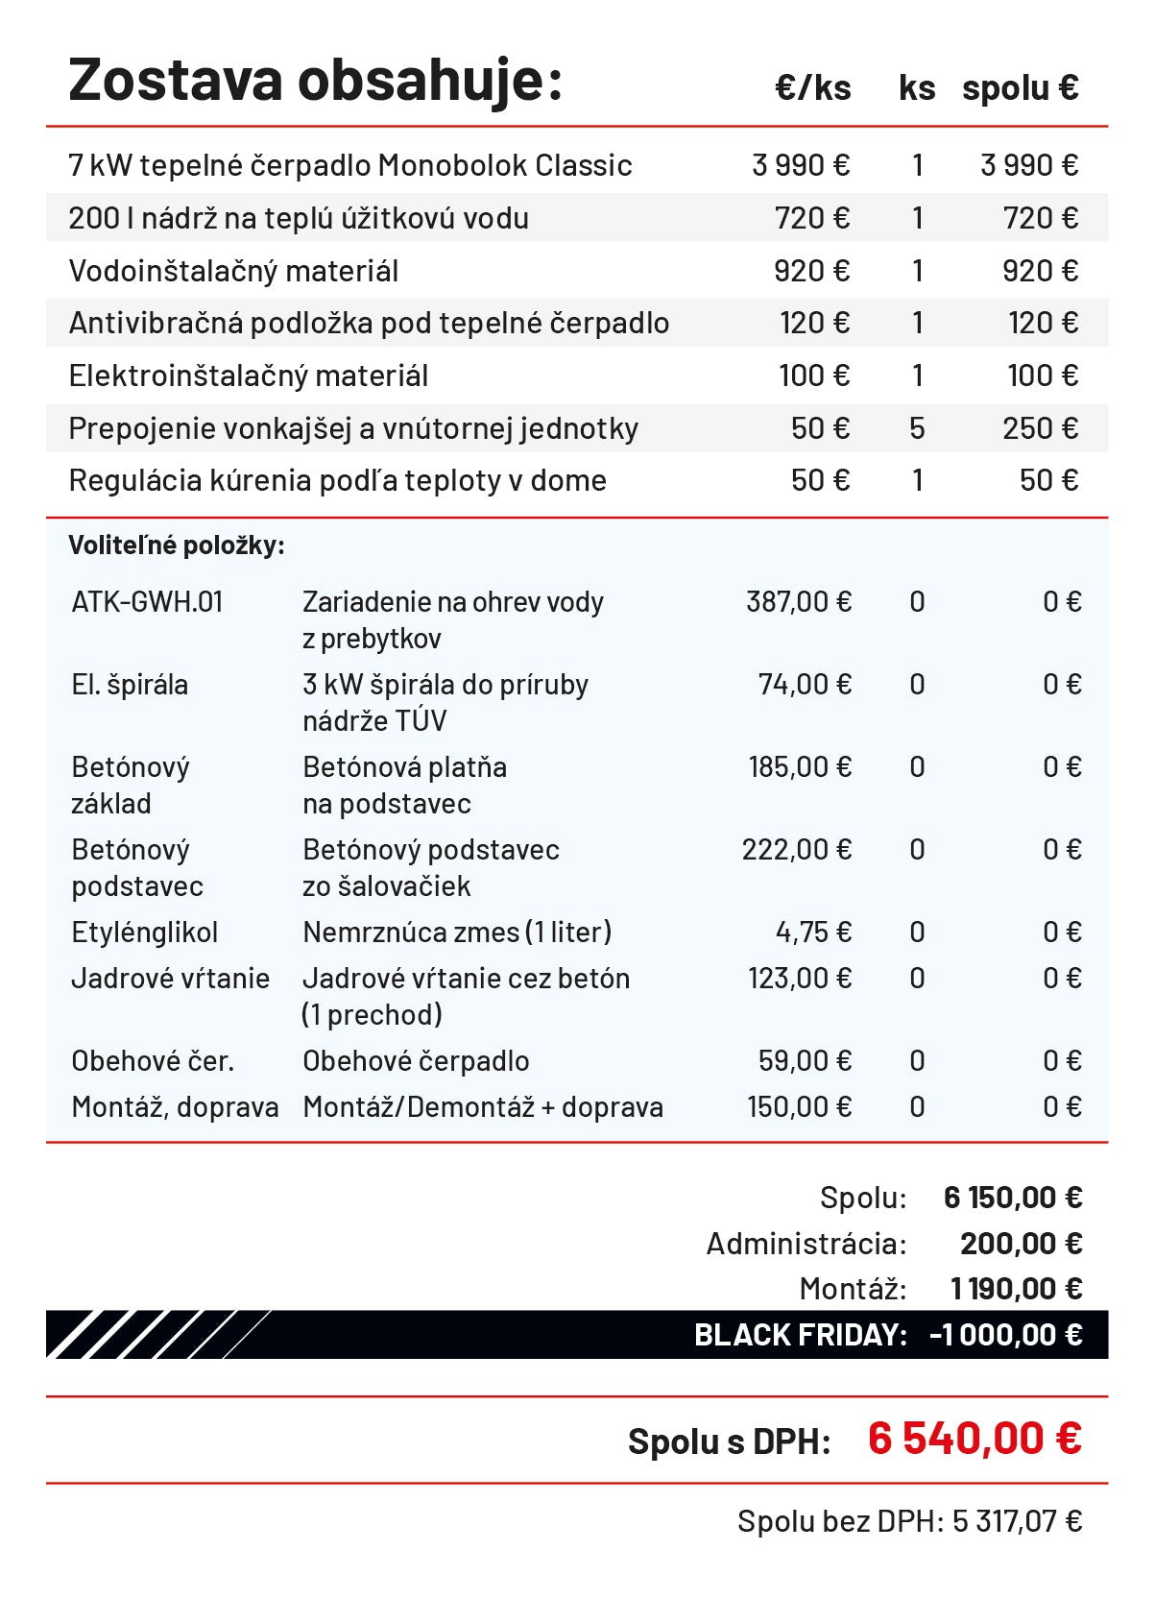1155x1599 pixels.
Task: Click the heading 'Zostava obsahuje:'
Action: [x=315, y=81]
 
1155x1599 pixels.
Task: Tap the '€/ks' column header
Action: [x=812, y=88]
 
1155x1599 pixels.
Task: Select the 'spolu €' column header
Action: [x=1020, y=88]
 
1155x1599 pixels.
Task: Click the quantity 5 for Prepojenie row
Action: [x=917, y=428]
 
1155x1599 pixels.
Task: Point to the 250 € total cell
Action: [x=1040, y=428]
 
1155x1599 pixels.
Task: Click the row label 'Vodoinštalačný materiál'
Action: [x=233, y=271]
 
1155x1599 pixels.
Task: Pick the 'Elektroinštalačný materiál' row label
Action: [x=249, y=376]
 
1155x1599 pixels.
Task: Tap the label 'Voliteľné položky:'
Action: [x=177, y=545]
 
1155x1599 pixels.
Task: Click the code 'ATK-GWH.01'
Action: [x=147, y=602]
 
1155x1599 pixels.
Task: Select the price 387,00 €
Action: [x=799, y=602]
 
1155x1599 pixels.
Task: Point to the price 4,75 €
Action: [x=813, y=933]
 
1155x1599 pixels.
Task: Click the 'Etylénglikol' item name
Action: [x=145, y=933]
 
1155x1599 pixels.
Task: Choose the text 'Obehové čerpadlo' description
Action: [x=416, y=1061]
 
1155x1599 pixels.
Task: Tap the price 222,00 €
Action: [x=797, y=850]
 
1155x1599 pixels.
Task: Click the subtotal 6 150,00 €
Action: [x=1013, y=1198]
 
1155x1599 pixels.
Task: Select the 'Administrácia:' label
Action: [x=806, y=1244]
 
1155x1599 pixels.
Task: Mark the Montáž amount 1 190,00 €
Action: [x=1016, y=1289]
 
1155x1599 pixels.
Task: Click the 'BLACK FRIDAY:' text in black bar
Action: [x=800, y=1335]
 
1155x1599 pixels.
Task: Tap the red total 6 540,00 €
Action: [x=975, y=1439]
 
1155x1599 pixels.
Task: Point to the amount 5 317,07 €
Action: [x=1017, y=1521]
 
